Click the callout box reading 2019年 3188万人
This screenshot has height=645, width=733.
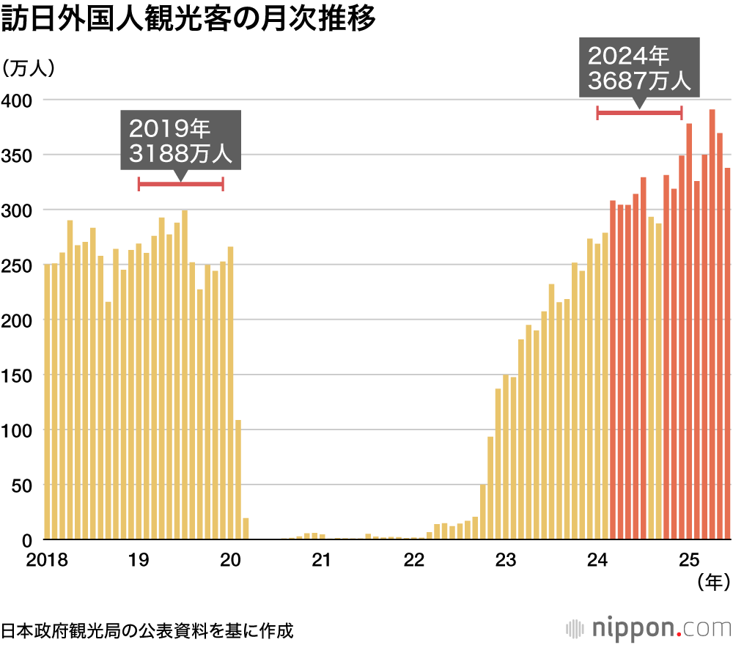click(x=181, y=140)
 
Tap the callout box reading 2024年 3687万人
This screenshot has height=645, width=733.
click(x=639, y=67)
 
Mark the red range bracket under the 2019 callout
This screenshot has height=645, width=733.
click(x=181, y=184)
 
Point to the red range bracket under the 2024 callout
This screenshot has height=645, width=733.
click(x=639, y=113)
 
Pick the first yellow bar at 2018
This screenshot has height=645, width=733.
click(x=48, y=402)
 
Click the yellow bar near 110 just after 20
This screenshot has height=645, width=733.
click(x=238, y=480)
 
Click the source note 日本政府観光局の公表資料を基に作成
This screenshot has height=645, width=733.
click(x=147, y=630)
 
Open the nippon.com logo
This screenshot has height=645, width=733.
click(x=649, y=628)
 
